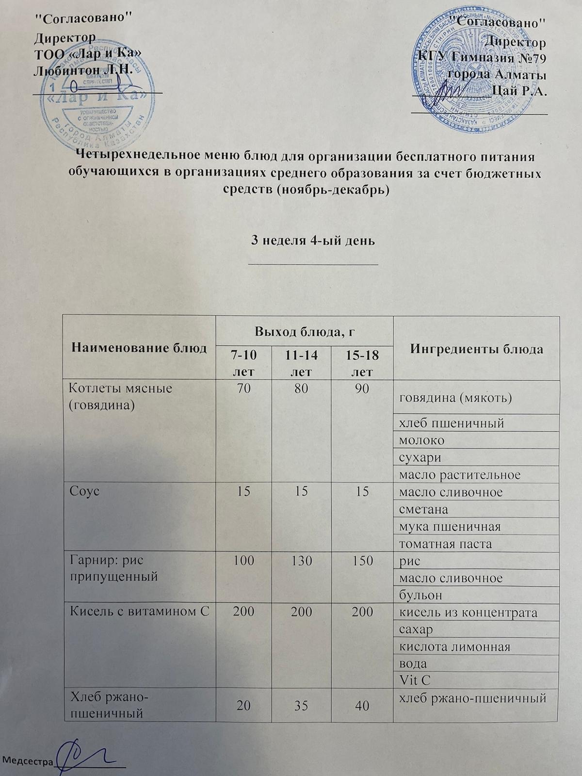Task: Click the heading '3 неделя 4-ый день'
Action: point(312,241)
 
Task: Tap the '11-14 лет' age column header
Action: point(301,364)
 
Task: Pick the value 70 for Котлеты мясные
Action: point(244,389)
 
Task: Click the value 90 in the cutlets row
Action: point(362,389)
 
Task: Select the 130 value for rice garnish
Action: point(301,561)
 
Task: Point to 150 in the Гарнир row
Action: point(362,561)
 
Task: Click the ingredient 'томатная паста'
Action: point(445,544)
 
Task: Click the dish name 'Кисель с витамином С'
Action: point(140,612)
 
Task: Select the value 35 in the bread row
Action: point(301,705)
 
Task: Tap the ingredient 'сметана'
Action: point(423,509)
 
